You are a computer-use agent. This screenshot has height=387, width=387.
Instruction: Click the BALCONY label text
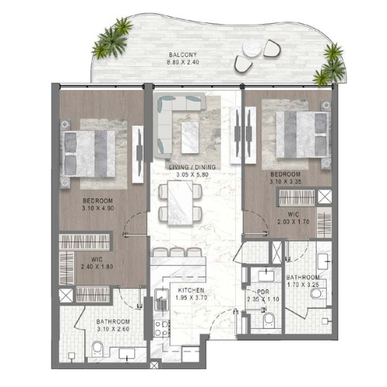point(183,54)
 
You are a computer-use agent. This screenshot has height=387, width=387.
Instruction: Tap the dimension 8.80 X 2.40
point(183,62)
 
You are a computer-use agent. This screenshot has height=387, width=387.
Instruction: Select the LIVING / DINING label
point(192,167)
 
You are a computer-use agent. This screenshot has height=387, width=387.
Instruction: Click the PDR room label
point(263,292)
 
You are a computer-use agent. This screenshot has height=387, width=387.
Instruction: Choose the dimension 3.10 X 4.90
point(98,208)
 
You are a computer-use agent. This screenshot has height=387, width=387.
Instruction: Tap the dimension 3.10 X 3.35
point(285,182)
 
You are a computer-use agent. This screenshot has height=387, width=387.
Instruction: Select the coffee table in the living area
point(190,137)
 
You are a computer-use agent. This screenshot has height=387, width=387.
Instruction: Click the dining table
point(180,203)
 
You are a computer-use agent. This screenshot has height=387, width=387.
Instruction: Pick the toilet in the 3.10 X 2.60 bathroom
point(97,349)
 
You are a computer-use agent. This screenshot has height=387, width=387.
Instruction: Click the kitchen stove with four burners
point(162,328)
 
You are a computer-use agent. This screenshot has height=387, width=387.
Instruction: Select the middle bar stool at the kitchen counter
point(176,252)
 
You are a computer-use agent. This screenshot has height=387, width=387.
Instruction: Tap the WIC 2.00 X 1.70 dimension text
point(293,221)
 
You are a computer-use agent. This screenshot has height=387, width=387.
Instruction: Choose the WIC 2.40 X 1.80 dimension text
point(97,266)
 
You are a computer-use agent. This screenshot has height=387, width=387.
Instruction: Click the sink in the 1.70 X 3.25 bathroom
point(323,261)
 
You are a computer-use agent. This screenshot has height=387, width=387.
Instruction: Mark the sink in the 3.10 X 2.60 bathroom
point(127,353)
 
